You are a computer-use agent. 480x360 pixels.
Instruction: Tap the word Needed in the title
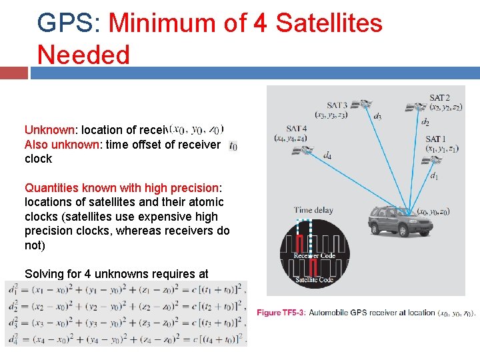pyautogui.click(x=83, y=55)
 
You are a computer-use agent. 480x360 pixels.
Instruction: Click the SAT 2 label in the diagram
pyautogui.click(x=439, y=97)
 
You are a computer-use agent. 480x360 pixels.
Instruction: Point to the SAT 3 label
pyautogui.click(x=337, y=105)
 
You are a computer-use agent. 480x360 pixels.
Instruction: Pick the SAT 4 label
pyautogui.click(x=297, y=128)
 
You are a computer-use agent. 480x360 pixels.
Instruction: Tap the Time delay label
pyautogui.click(x=313, y=210)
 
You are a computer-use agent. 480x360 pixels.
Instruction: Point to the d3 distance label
pyautogui.click(x=377, y=117)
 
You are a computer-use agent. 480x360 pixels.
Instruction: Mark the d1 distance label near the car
pyautogui.click(x=434, y=176)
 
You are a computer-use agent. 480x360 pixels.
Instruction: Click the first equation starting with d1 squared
pyautogui.click(x=125, y=289)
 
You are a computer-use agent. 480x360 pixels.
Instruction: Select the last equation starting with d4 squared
pyautogui.click(x=125, y=338)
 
